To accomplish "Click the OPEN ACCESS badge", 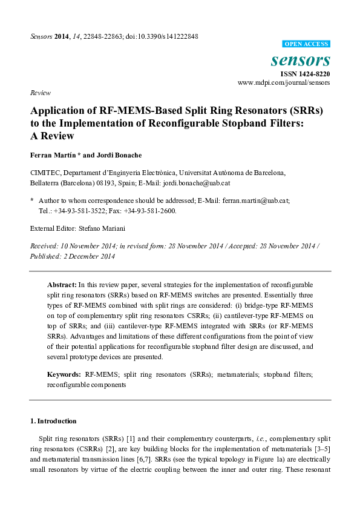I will (x=307, y=44).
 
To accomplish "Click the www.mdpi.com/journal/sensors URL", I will (x=284, y=82).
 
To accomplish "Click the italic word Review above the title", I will (x=40, y=93).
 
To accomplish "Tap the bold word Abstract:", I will (x=62, y=284).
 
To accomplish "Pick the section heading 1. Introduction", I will (x=54, y=421).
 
